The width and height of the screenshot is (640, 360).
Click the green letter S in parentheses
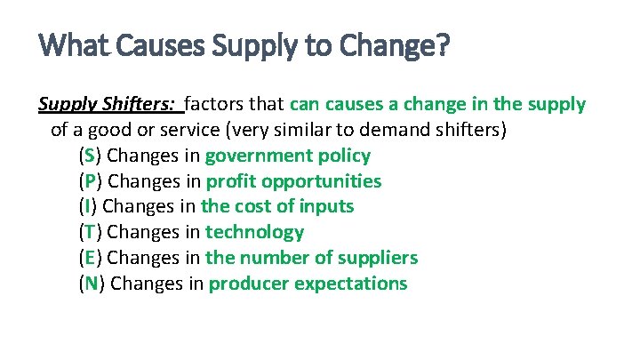(x=87, y=156)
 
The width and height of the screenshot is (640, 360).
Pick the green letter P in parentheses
(x=87, y=181)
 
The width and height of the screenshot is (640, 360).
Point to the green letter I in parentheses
(x=85, y=207)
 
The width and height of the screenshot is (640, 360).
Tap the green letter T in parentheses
(x=87, y=233)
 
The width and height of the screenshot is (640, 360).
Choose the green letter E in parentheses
(x=87, y=259)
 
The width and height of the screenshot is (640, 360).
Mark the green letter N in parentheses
(x=88, y=284)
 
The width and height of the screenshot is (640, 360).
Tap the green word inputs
(x=327, y=207)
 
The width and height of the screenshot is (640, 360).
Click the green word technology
(x=254, y=233)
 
